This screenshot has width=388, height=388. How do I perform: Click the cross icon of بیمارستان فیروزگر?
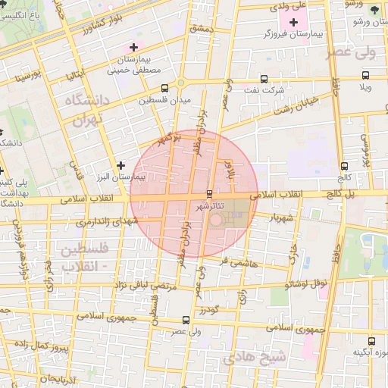294,21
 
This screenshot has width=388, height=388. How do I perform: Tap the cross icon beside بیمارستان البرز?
120,164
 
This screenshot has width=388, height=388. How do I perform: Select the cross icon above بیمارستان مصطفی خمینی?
133,47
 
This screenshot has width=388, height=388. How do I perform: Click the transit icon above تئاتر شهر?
210,195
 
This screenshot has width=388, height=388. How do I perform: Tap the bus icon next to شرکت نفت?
263,79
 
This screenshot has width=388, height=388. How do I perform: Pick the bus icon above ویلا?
365,76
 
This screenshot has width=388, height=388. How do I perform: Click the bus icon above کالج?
344,166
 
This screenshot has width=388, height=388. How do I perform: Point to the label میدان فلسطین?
165,99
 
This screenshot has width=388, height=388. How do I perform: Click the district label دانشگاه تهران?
89,110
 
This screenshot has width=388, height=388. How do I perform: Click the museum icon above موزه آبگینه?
371,341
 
